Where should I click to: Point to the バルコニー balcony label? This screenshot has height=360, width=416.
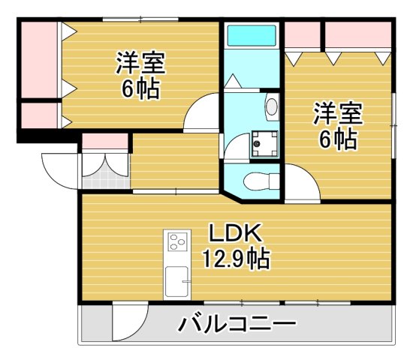coord(237,325)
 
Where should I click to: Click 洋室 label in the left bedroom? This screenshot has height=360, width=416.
coord(140,62)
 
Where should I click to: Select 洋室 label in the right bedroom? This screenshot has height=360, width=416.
coord(338,114)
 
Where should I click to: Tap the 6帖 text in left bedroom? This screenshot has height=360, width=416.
coord(140,88)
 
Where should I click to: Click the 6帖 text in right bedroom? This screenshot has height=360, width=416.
coord(338,139)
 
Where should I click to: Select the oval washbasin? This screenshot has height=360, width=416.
coord(271,107)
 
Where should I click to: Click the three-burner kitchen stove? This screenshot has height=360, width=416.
coord(178,242)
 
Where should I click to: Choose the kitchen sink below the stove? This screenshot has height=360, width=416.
coord(178,281)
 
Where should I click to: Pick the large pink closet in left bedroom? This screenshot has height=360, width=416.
coord(38,60)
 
